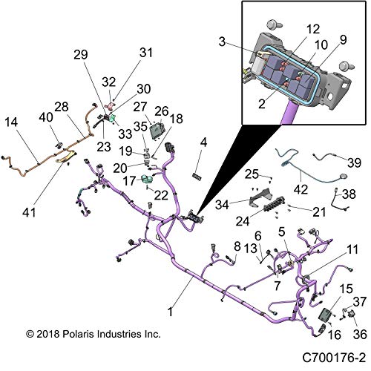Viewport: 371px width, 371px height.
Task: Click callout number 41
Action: pyautogui.click(x=29, y=212)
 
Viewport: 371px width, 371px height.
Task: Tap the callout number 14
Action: pyautogui.click(x=11, y=122)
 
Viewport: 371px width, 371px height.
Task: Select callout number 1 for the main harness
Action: pyautogui.click(x=170, y=312)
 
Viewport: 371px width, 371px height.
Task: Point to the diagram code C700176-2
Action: pyautogui.click(x=334, y=358)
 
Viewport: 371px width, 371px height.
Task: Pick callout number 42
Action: pyautogui.click(x=301, y=189)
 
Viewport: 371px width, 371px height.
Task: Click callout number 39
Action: pyautogui.click(x=354, y=162)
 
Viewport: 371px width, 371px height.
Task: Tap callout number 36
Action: pyautogui.click(x=360, y=335)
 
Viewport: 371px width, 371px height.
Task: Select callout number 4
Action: pyautogui.click(x=203, y=142)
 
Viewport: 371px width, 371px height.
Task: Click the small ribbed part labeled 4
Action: pyautogui.click(x=197, y=176)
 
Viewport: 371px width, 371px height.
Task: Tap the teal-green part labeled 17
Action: pyautogui.click(x=148, y=179)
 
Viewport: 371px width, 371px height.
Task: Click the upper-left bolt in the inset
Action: pyautogui.click(x=274, y=24)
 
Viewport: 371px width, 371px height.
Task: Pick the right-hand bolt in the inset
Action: pyautogui.click(x=347, y=66)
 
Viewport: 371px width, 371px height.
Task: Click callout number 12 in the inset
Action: pyautogui.click(x=313, y=29)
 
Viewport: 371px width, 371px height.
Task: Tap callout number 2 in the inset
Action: pyautogui.click(x=262, y=104)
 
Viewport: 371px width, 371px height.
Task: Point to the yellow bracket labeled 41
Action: pyautogui.click(x=66, y=157)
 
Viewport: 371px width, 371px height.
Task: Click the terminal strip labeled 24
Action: pyautogui.click(x=274, y=204)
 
